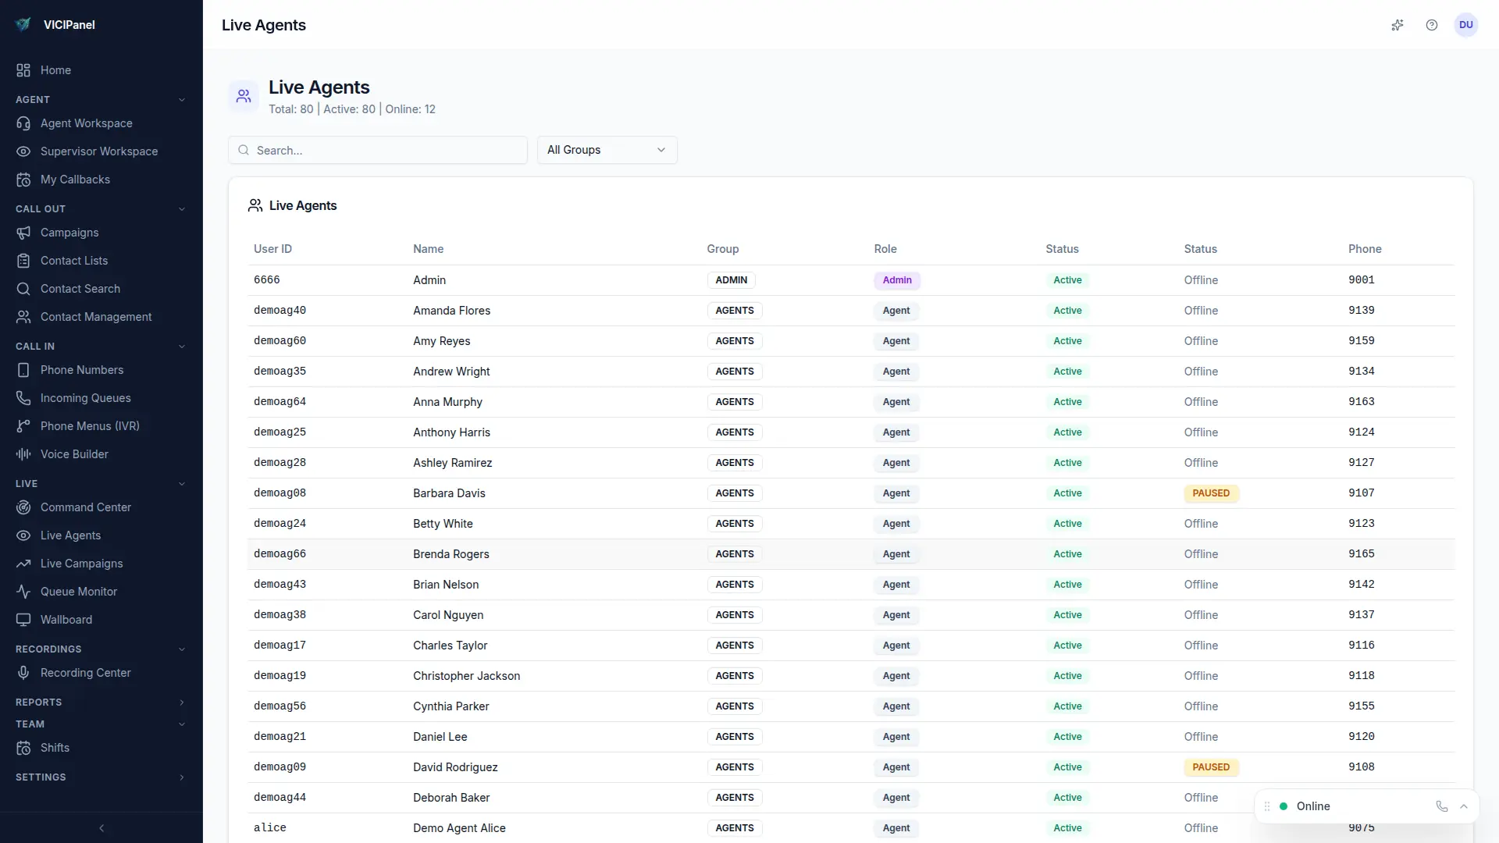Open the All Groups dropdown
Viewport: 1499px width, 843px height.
point(607,150)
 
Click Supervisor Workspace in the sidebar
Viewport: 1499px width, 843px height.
point(98,151)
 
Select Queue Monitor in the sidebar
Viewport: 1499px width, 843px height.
point(78,592)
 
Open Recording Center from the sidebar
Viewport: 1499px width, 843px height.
point(85,673)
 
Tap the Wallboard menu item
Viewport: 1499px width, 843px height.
point(66,620)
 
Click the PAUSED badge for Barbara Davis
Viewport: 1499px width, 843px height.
point(1210,493)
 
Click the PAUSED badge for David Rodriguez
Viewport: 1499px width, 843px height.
point(1210,767)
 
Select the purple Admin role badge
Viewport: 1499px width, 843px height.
point(896,280)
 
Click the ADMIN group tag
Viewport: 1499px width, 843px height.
point(731,280)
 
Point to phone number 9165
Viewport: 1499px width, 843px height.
point(1361,554)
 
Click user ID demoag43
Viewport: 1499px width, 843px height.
point(280,585)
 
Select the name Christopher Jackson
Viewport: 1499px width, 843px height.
point(466,676)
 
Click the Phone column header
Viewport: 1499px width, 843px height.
point(1364,249)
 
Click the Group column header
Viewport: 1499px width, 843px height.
point(722,249)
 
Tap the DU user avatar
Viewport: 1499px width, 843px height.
point(1465,25)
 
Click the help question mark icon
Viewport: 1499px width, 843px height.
point(1431,25)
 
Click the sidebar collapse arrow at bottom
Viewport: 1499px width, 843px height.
point(101,828)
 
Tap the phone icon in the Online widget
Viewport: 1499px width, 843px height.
point(1441,806)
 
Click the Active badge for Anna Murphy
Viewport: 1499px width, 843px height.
point(1067,402)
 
